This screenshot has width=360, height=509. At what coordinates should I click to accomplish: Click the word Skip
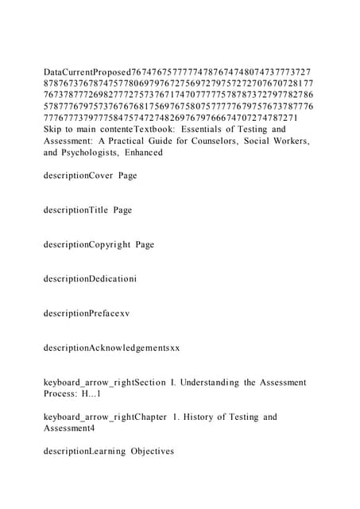(x=54, y=129)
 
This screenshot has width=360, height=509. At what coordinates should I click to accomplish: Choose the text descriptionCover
(x=79, y=176)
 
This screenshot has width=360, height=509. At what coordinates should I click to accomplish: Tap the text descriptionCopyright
(x=87, y=245)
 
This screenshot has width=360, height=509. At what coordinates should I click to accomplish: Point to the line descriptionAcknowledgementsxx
(x=112, y=348)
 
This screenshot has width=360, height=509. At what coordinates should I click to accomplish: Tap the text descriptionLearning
(x=85, y=451)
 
